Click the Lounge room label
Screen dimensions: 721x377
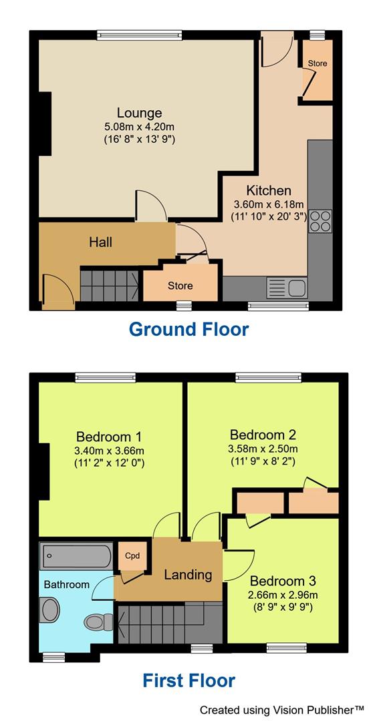(x=139, y=113)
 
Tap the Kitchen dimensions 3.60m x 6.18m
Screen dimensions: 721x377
(x=268, y=204)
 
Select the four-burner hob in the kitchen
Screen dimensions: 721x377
(x=320, y=221)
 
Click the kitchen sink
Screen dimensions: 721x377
(x=287, y=288)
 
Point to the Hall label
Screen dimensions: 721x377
(x=100, y=242)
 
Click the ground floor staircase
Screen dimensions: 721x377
(x=109, y=284)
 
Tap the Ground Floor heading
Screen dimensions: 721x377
(x=188, y=329)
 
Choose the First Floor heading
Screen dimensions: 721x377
(x=188, y=680)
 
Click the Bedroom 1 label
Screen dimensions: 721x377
(x=110, y=437)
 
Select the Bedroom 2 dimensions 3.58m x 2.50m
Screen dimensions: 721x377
(x=263, y=448)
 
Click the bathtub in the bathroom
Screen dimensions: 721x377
(x=76, y=555)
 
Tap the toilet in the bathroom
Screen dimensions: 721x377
(x=100, y=622)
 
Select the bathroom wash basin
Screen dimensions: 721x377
(x=49, y=610)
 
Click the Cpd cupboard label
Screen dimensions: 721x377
(x=132, y=555)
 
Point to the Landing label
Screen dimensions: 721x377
(x=188, y=574)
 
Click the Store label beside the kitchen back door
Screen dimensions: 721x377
(x=318, y=63)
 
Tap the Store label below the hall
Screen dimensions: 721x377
(x=180, y=286)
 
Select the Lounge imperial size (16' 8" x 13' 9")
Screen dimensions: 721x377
(x=139, y=139)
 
